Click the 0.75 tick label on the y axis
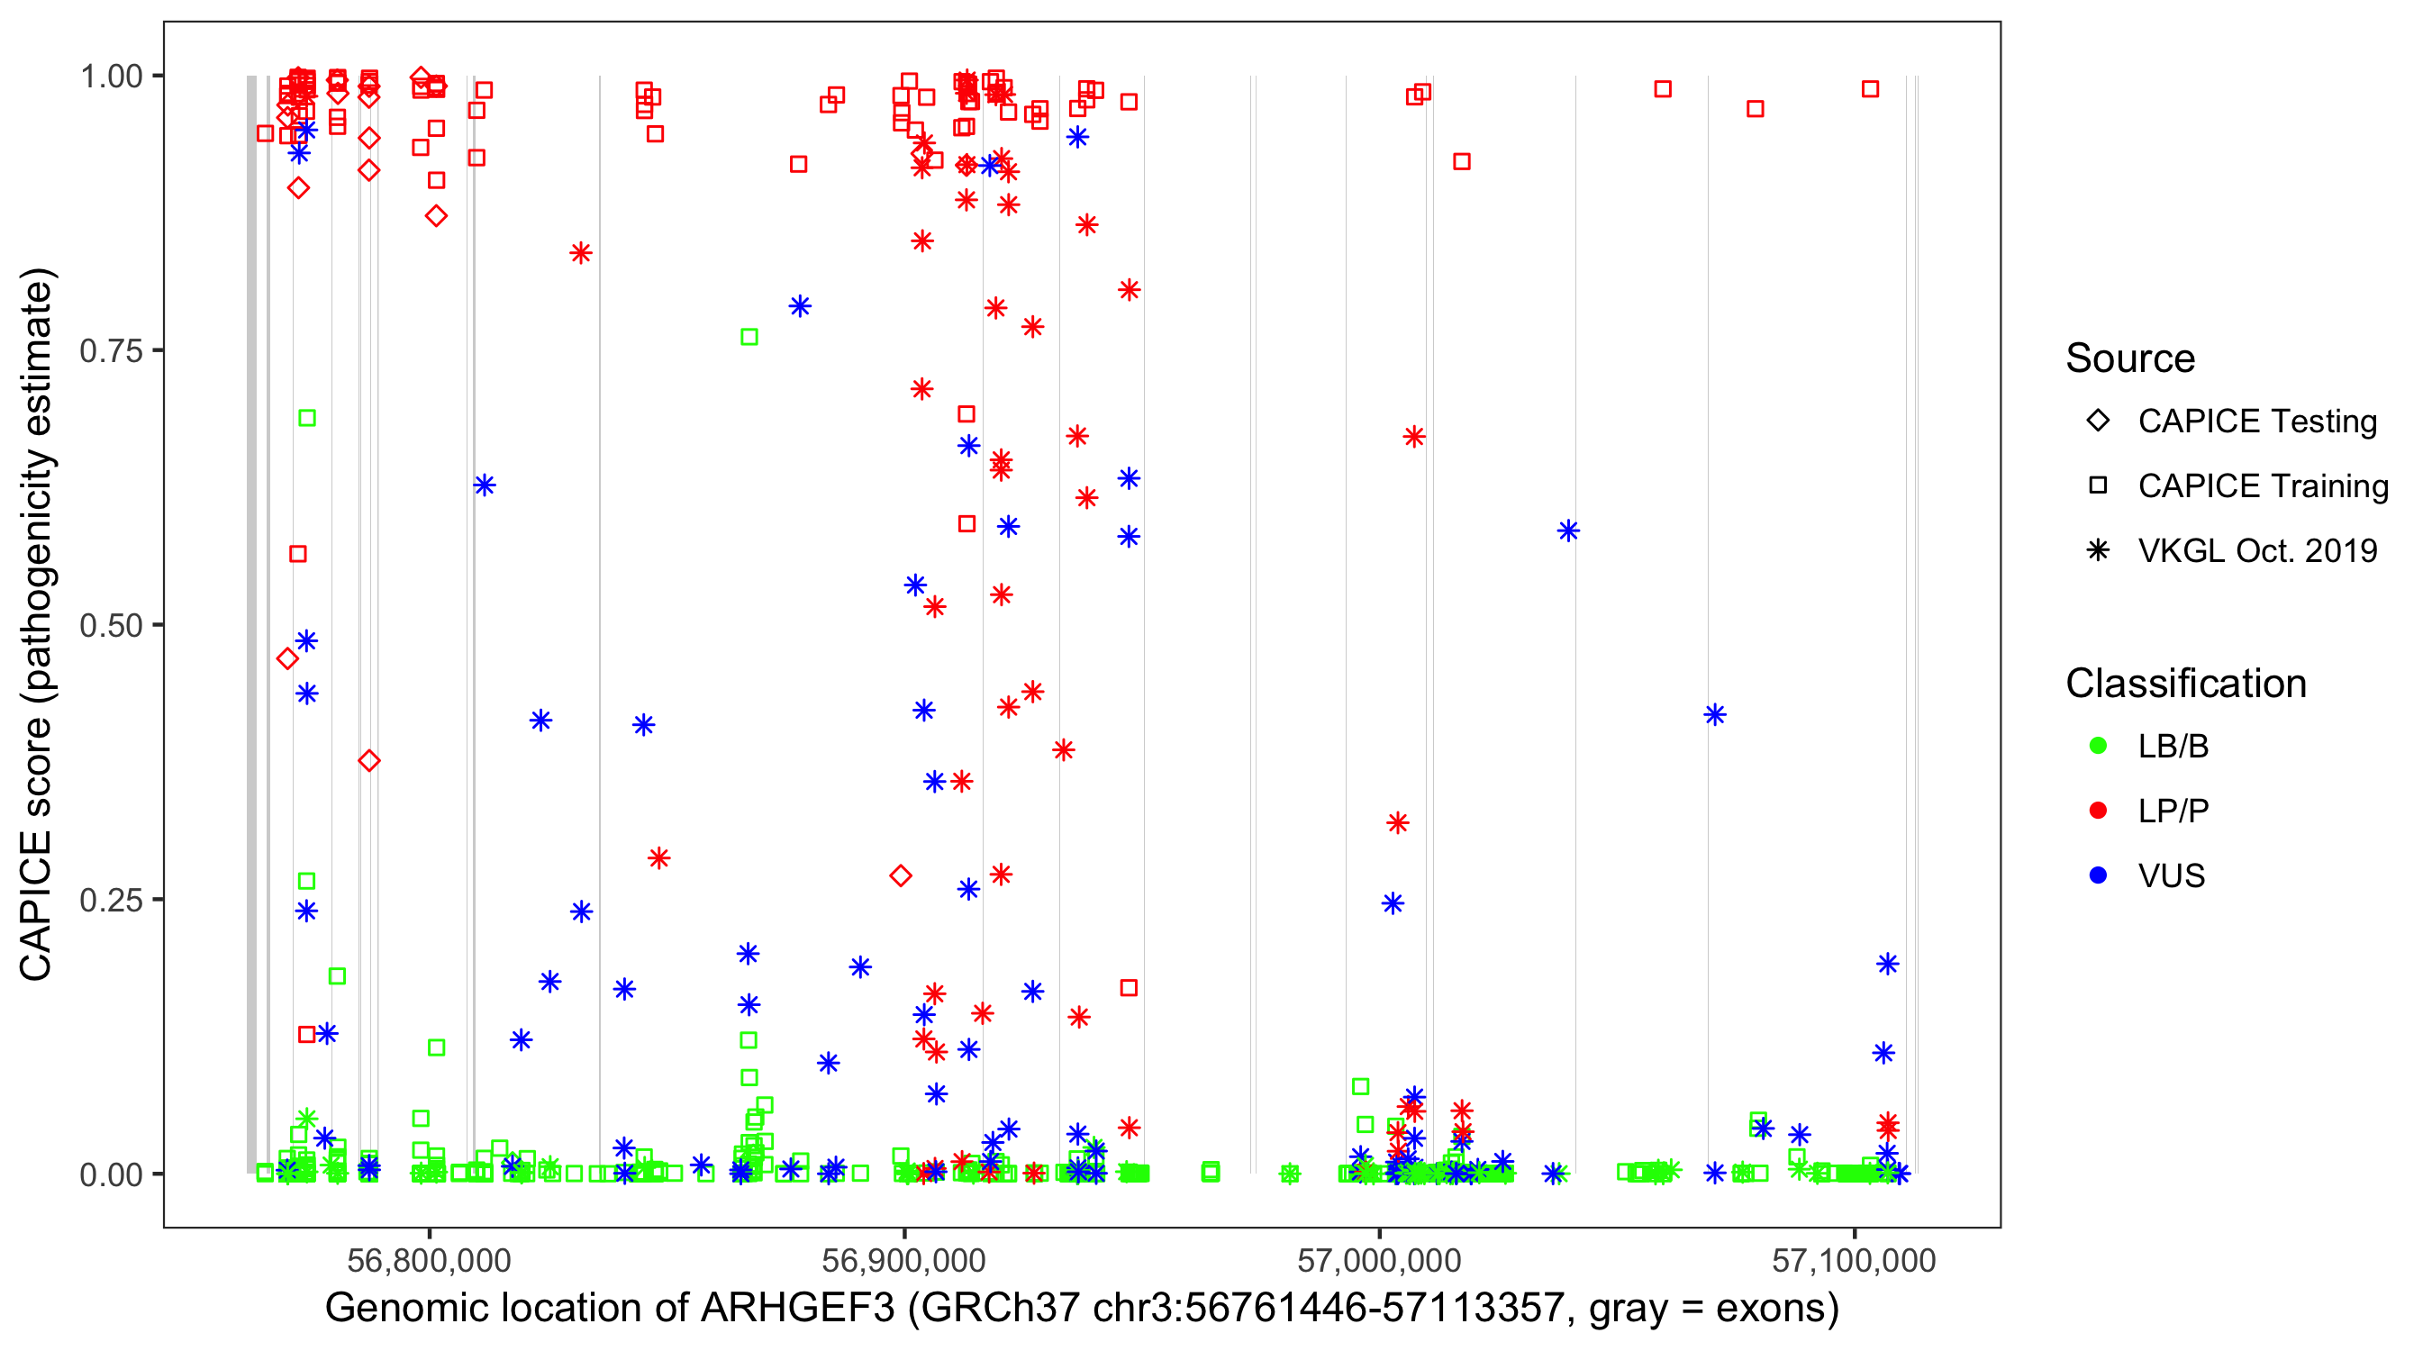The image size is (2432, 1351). point(110,351)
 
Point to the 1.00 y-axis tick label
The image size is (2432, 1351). point(110,77)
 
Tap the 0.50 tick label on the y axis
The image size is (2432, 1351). point(110,626)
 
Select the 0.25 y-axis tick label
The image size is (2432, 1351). point(110,901)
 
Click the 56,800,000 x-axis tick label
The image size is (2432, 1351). point(430,1260)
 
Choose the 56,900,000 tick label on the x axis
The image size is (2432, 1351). point(904,1260)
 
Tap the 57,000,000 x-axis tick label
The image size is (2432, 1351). point(1379,1260)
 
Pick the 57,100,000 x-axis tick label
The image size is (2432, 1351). point(1855,1260)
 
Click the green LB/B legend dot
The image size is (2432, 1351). point(2098,747)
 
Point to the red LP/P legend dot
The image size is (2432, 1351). point(2098,811)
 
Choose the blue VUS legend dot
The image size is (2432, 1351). point(2098,876)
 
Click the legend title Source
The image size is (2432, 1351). point(2130,358)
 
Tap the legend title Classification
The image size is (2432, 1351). point(2185,684)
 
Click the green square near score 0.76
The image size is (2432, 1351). point(749,337)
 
